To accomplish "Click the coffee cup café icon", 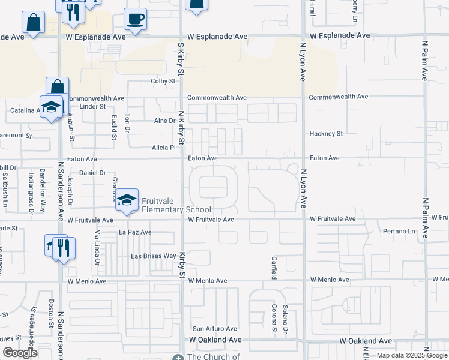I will pos(135,19).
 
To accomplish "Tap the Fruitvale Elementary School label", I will pos(176,205).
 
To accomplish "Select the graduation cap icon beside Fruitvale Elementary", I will pos(127,202).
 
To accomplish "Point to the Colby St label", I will pos(163,81).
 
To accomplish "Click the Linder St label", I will pos(92,106).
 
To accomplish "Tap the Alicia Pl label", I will pos(163,147).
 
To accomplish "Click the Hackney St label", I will pos(325,134).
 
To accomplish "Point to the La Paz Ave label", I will pos(135,232).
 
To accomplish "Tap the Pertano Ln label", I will pos(399,231).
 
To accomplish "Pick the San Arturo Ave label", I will pos(214,329).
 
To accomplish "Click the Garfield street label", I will pos(273,267).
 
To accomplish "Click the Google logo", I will pos(20,353).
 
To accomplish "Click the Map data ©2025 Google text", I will pos(411,356).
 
